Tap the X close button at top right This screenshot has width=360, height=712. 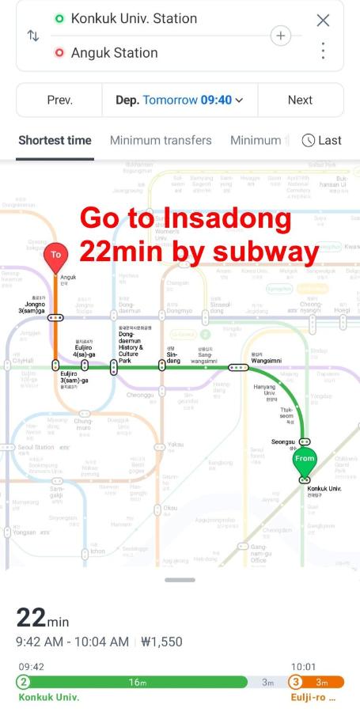click(323, 21)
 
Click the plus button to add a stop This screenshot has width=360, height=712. click(281, 36)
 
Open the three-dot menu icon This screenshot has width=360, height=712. click(323, 51)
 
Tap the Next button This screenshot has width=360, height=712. click(300, 100)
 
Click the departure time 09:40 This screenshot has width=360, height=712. click(216, 100)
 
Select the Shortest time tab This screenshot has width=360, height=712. click(55, 140)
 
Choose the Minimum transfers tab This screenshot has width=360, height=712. click(161, 140)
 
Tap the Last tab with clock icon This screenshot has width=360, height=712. click(322, 140)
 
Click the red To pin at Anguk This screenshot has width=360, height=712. click(55, 256)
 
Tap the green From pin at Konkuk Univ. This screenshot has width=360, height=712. click(304, 460)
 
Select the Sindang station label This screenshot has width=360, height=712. click(172, 358)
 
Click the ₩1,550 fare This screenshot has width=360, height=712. click(161, 642)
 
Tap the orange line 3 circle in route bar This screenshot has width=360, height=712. click(295, 682)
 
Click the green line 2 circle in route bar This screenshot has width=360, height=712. click(24, 682)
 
